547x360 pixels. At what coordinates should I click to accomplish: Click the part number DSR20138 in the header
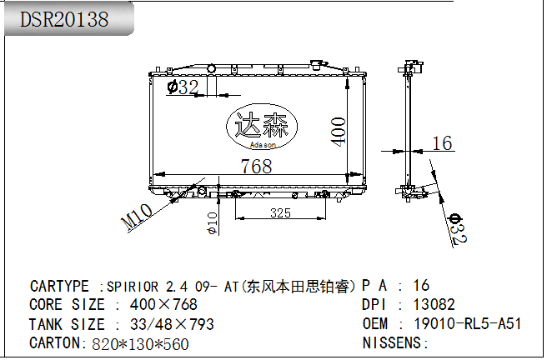click(x=64, y=19)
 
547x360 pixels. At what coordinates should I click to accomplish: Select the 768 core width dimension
click(x=257, y=166)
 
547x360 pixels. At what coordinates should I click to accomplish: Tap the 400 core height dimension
click(x=338, y=132)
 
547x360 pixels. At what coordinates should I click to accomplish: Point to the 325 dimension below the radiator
click(x=280, y=212)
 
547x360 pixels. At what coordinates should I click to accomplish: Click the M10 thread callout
click(x=137, y=217)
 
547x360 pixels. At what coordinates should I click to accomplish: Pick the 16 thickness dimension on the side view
click(x=442, y=143)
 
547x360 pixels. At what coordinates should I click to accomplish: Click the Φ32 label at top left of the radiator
click(x=183, y=87)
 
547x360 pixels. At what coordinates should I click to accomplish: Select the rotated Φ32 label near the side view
click(x=458, y=228)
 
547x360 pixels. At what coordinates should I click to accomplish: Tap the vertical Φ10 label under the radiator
click(x=213, y=223)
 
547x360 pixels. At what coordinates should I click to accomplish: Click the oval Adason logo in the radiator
click(x=262, y=126)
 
